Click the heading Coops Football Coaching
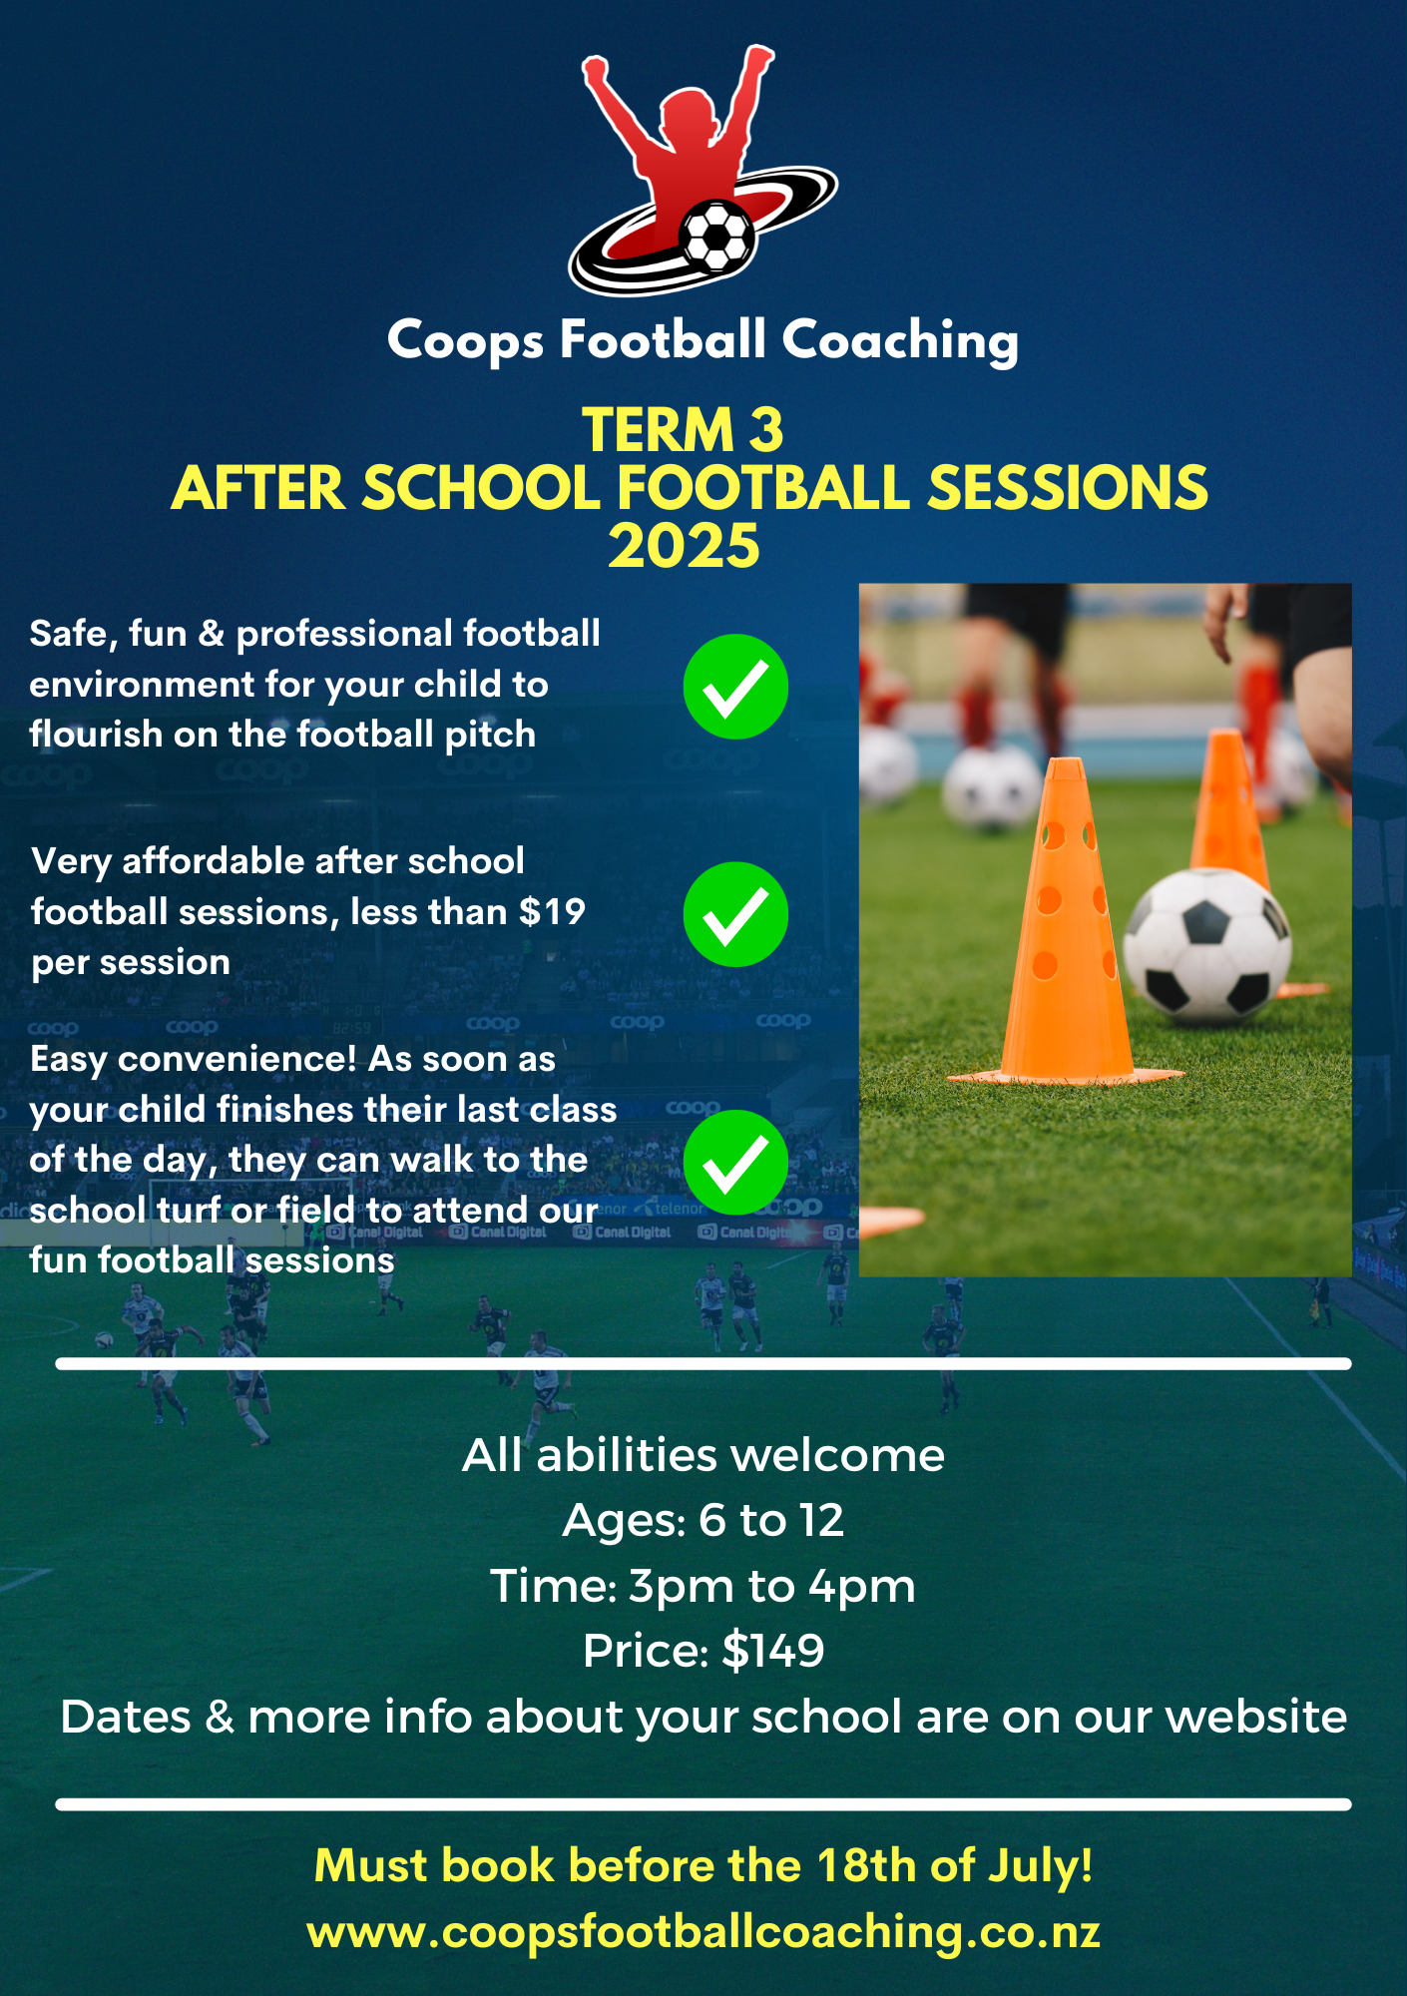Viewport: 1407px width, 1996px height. pos(703,340)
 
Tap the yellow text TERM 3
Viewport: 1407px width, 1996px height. pos(684,430)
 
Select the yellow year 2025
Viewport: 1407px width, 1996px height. pos(685,546)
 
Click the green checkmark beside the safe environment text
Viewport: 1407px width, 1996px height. pos(735,687)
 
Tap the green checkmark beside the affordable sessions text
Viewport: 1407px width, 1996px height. pos(735,914)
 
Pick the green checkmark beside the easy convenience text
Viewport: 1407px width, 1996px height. pos(735,1162)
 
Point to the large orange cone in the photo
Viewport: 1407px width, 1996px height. pos(1067,923)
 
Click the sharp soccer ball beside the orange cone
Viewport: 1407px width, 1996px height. pos(1207,946)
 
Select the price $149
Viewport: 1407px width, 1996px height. pos(773,1651)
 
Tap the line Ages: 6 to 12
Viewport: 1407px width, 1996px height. pos(703,1520)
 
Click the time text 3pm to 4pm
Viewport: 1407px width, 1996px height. pos(772,1586)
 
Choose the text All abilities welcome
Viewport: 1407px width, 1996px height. pos(703,1455)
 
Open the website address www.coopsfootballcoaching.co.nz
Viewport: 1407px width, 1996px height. pos(703,1932)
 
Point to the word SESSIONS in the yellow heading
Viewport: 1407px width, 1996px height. pos(1068,488)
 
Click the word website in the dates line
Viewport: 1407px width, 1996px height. pos(1256,1717)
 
